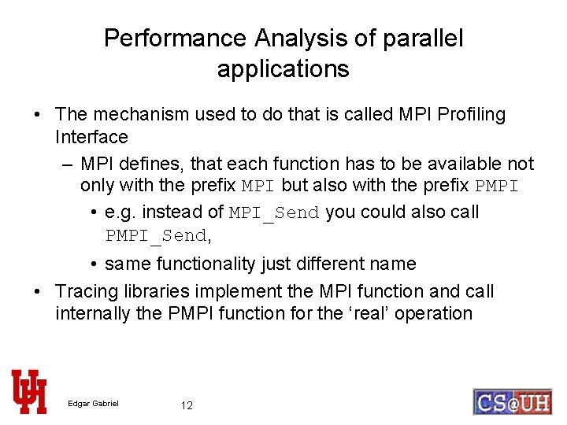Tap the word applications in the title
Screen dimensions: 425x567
[x=283, y=69]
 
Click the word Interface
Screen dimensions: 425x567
[x=91, y=137]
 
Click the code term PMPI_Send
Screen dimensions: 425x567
[x=156, y=235]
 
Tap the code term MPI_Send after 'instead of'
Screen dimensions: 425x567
[x=274, y=213]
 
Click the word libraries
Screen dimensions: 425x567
[x=156, y=291]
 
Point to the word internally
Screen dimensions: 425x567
[x=93, y=313]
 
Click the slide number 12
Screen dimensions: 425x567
[x=187, y=405]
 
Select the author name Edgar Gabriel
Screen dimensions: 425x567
[x=93, y=405]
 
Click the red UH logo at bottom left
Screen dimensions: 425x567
[x=29, y=391]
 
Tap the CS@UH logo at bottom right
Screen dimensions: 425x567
[x=512, y=401]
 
